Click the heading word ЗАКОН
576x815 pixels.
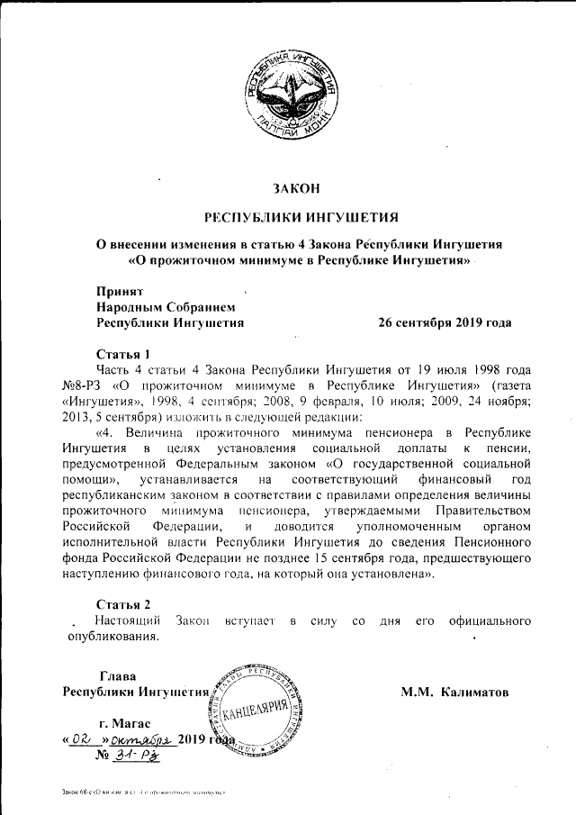click(296, 188)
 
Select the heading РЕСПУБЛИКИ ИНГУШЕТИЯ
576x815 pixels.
click(296, 217)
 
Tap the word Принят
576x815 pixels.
click(119, 291)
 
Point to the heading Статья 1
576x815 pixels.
click(123, 353)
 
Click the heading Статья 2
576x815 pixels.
click(123, 602)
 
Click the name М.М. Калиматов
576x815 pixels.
click(455, 693)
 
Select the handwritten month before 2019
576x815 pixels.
click(143, 739)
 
